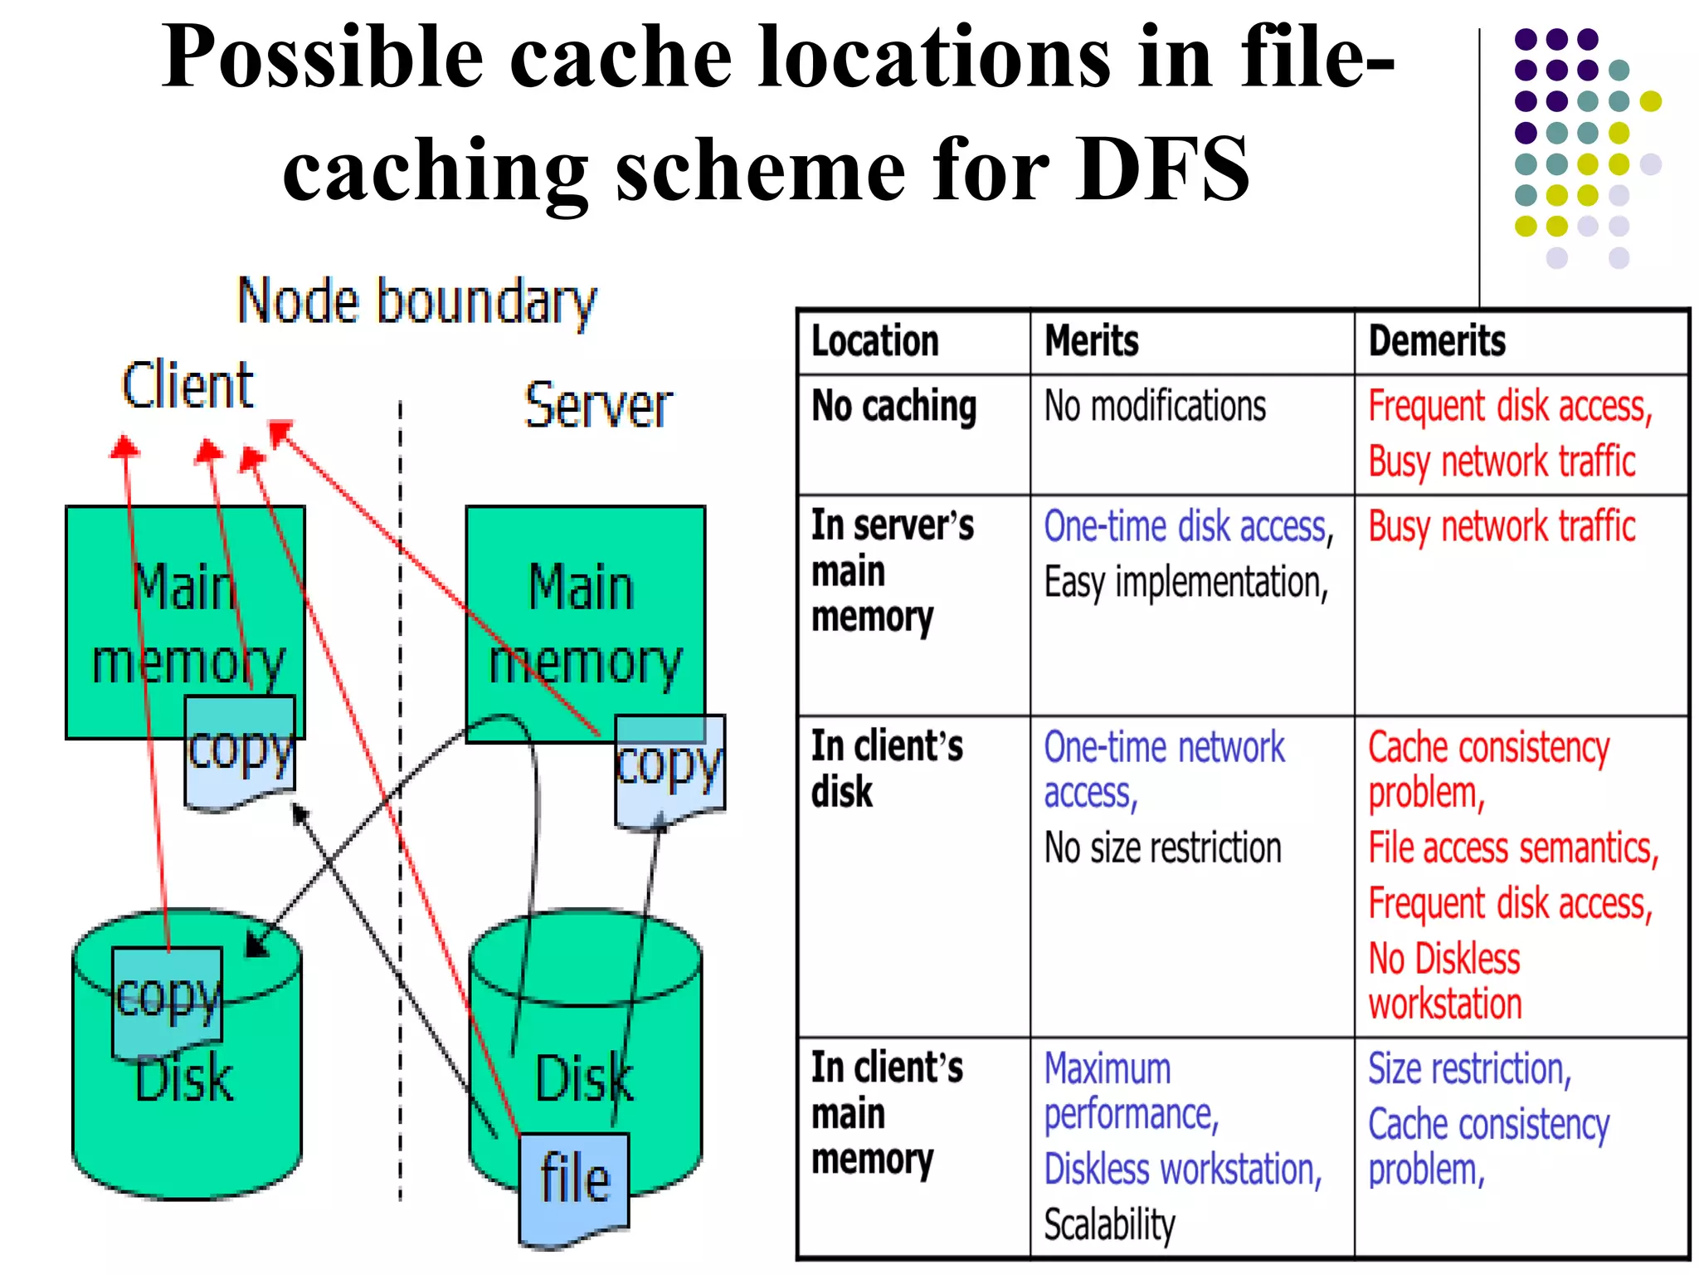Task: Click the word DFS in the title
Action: pos(1162,169)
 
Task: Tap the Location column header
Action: pos(875,341)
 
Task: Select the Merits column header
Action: pos(1092,341)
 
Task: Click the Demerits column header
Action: pos(1437,341)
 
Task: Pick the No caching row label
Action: pos(894,407)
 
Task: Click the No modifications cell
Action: pos(1155,407)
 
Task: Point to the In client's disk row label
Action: pos(887,769)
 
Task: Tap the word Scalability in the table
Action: pos(1110,1224)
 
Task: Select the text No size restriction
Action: pos(1163,848)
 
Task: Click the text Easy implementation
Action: pos(1186,583)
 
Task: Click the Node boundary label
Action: pos(416,302)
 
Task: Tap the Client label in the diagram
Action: pos(187,385)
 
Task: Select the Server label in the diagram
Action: pos(598,405)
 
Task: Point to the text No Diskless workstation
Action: pos(1445,981)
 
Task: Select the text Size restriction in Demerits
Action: pos(1469,1069)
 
